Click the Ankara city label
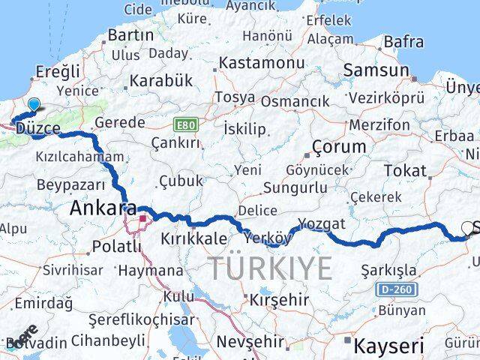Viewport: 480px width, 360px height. tap(103, 208)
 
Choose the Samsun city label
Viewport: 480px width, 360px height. tap(376, 70)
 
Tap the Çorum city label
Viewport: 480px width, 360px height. tap(339, 146)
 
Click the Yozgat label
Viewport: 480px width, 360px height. tap(322, 223)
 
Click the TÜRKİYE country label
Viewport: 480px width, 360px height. tap(270, 268)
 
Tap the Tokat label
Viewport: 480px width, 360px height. tap(405, 170)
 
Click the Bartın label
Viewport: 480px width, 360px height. tap(130, 35)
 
